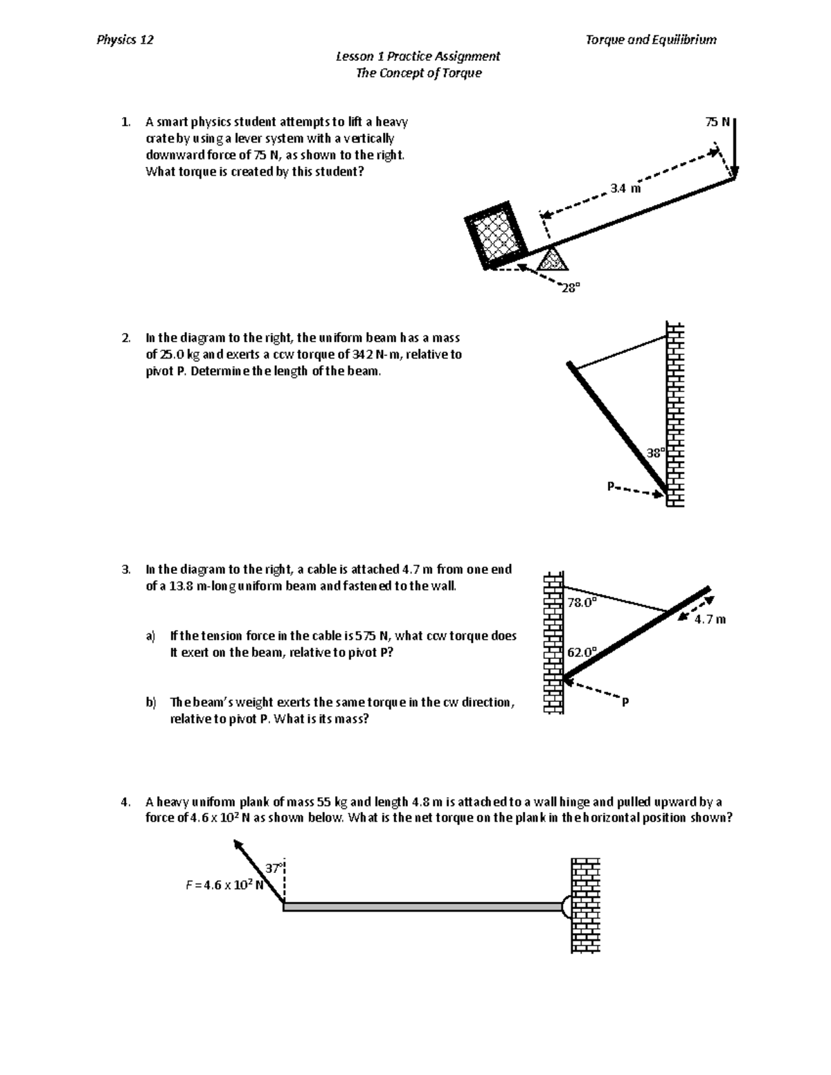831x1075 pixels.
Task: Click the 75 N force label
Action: [717, 123]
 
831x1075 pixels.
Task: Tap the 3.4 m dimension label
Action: [625, 188]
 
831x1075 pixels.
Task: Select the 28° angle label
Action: [570, 289]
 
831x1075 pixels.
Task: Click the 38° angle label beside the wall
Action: [655, 453]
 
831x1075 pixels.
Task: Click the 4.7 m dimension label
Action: [711, 620]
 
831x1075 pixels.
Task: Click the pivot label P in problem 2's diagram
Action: [611, 486]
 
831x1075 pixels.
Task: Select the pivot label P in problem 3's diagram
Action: [625, 703]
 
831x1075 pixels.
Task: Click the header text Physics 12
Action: [125, 39]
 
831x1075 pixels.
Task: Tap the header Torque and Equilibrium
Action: [651, 39]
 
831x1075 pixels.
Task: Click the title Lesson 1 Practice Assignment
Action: [418, 56]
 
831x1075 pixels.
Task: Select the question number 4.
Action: [125, 802]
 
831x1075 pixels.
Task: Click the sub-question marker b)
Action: [151, 703]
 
